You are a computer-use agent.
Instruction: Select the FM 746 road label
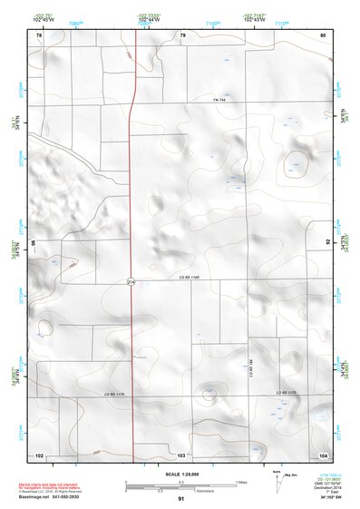[x=218, y=100]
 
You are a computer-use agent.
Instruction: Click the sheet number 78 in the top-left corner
[x=39, y=34]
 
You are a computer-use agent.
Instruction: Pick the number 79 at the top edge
[x=182, y=34]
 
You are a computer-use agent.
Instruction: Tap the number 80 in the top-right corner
[x=323, y=34]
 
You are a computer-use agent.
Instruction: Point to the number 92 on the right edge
[x=327, y=242]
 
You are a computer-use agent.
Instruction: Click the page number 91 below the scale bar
[x=181, y=498]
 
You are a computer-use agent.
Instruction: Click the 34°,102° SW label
[x=324, y=497]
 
